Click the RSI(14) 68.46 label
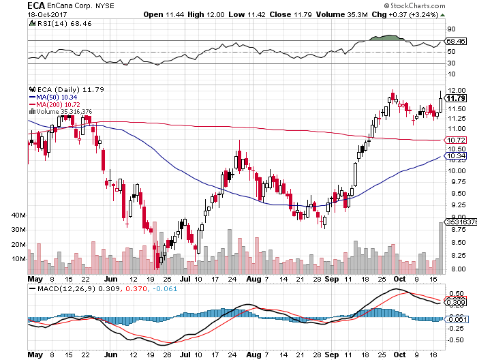(x=55, y=23)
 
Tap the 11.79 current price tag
(x=455, y=100)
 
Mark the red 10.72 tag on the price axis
(x=455, y=140)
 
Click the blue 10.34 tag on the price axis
(x=455, y=156)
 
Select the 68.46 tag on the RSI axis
(x=455, y=42)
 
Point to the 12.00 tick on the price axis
(x=456, y=90)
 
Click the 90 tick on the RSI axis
(x=452, y=29)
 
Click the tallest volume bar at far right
(x=441, y=245)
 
